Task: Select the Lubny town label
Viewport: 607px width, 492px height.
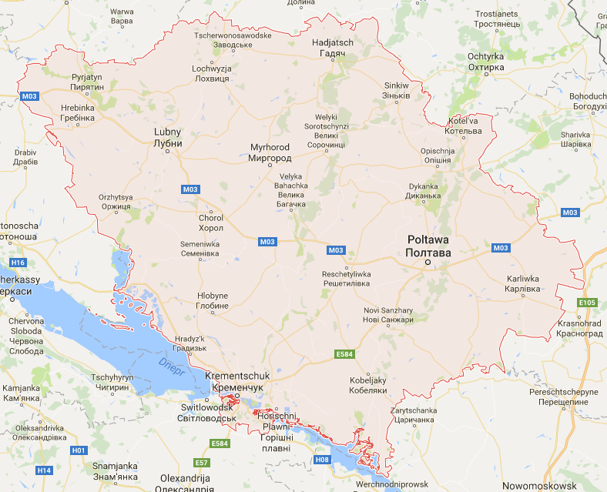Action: point(168,137)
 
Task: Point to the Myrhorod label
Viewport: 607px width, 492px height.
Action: point(270,152)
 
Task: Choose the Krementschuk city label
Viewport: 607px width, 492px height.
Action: point(236,380)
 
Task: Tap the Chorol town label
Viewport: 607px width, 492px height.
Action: point(211,223)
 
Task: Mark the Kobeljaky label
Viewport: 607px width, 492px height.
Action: point(367,386)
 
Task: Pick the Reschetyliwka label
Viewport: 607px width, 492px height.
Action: point(347,279)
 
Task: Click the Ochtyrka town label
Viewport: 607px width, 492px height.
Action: point(485,62)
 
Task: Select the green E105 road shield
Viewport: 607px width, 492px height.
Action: point(588,303)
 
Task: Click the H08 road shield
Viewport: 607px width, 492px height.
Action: point(323,460)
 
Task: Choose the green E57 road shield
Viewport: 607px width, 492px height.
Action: point(202,462)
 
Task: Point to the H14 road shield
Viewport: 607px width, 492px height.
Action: point(44,470)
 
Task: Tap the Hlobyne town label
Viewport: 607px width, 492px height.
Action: point(213,300)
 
